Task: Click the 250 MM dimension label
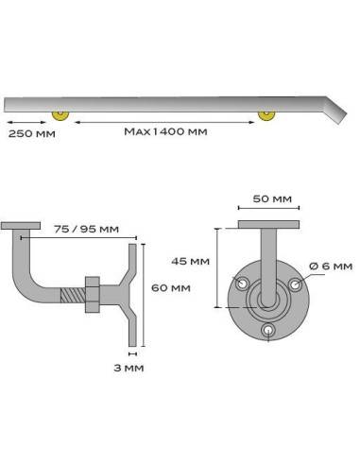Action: [29, 133]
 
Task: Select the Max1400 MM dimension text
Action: [165, 133]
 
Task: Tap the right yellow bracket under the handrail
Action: [267, 115]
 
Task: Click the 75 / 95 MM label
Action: [87, 228]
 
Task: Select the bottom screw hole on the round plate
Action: [270, 330]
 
